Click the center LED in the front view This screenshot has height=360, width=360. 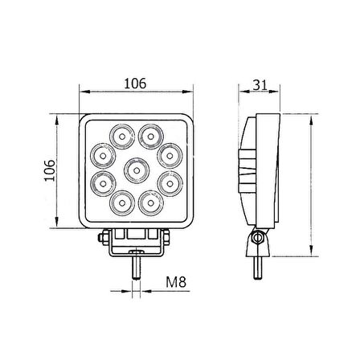[x=136, y=170]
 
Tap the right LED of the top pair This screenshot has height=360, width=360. [x=149, y=133]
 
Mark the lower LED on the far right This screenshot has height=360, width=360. [x=170, y=184]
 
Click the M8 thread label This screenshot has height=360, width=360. [x=178, y=283]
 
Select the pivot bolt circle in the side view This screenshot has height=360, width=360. [x=257, y=236]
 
